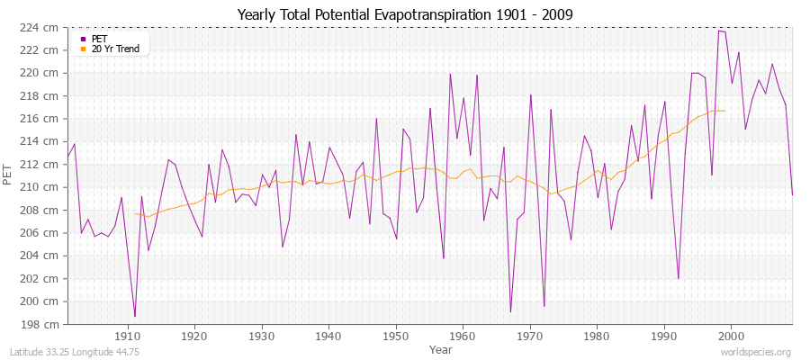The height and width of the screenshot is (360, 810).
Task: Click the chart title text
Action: click(x=404, y=15)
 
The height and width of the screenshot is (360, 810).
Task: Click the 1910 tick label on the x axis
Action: click(x=128, y=336)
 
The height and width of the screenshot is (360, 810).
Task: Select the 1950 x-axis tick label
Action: click(x=396, y=336)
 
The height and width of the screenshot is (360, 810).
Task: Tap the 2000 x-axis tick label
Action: click(x=731, y=336)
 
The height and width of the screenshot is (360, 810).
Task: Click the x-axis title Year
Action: click(x=441, y=348)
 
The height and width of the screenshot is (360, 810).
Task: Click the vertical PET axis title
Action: click(x=8, y=175)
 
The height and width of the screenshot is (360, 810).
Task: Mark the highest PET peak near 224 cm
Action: click(x=718, y=31)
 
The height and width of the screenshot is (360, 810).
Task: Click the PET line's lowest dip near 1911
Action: click(x=135, y=317)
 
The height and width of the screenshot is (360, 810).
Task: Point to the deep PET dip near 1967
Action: click(x=510, y=311)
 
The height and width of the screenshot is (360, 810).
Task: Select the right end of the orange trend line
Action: click(x=724, y=111)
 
